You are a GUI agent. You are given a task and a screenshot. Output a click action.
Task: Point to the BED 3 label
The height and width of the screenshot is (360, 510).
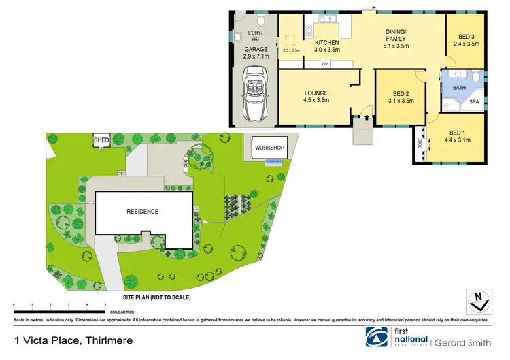point(466,39)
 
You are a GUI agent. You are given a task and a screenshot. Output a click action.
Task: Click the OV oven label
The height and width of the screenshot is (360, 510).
point(324,65)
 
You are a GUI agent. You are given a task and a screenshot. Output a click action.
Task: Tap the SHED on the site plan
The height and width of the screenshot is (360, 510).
point(101,140)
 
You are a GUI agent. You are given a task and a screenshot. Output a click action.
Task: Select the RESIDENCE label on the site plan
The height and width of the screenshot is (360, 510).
point(142,211)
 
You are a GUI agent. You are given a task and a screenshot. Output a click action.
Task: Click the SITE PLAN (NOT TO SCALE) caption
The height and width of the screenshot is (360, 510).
point(156,298)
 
